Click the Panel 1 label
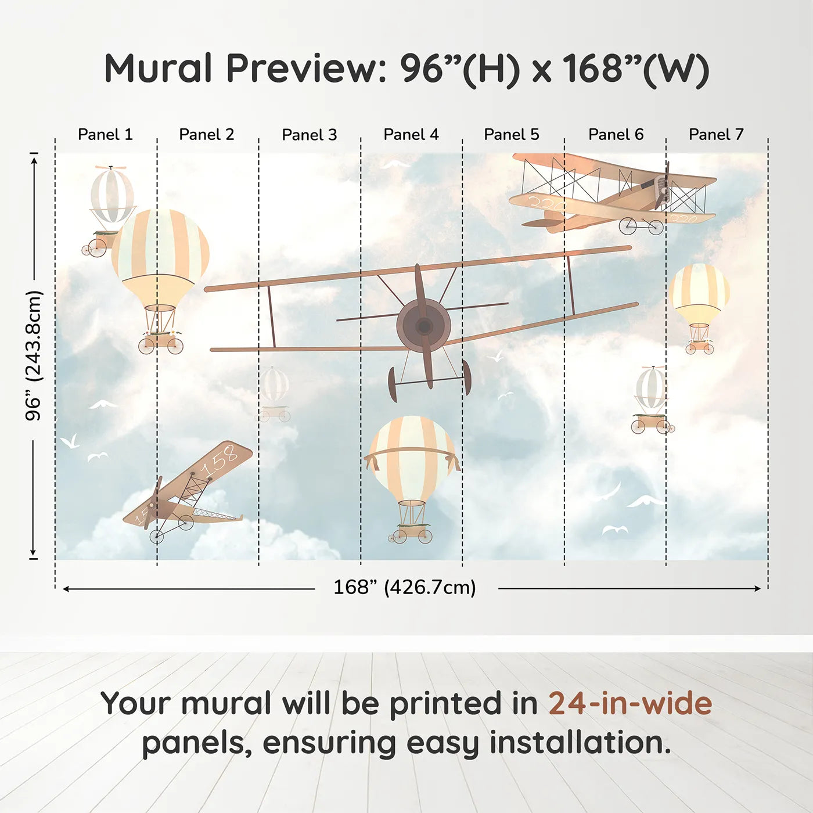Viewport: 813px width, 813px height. [x=105, y=135]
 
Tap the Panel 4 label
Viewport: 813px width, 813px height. [x=411, y=135]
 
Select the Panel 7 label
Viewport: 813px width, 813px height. [x=715, y=135]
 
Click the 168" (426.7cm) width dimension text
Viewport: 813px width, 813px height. [x=404, y=587]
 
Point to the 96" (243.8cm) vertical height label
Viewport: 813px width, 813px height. [x=34, y=355]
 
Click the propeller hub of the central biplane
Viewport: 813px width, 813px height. [x=424, y=326]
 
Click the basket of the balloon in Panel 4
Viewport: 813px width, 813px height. [x=412, y=532]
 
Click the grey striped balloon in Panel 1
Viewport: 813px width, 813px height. [x=111, y=195]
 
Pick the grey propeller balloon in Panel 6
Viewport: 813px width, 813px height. [x=651, y=388]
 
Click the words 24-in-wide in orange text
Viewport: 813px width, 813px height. [x=629, y=703]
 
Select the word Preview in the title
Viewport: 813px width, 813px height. [x=302, y=69]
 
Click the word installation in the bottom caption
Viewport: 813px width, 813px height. [x=579, y=743]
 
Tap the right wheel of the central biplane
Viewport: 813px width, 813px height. [x=466, y=377]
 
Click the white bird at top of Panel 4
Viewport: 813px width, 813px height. [x=395, y=164]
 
